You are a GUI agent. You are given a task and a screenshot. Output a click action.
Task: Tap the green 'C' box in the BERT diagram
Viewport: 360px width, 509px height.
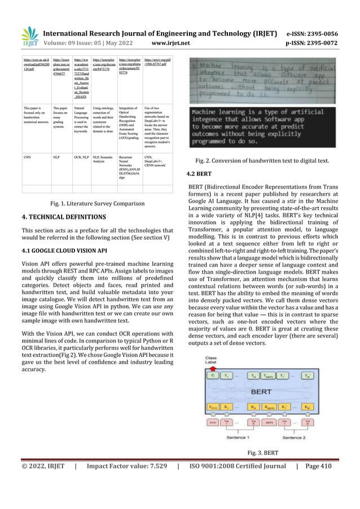point(212,375)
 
